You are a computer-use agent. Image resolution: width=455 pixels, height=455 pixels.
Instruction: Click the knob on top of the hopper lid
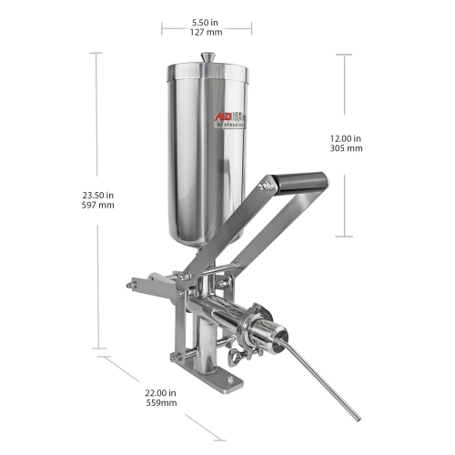[x=207, y=58]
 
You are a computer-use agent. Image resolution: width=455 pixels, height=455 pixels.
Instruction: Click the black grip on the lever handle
[x=299, y=182]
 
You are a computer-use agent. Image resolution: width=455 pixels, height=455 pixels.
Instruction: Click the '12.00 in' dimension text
[x=346, y=137]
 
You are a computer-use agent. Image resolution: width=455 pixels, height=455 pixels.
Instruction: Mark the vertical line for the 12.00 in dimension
[x=347, y=91]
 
